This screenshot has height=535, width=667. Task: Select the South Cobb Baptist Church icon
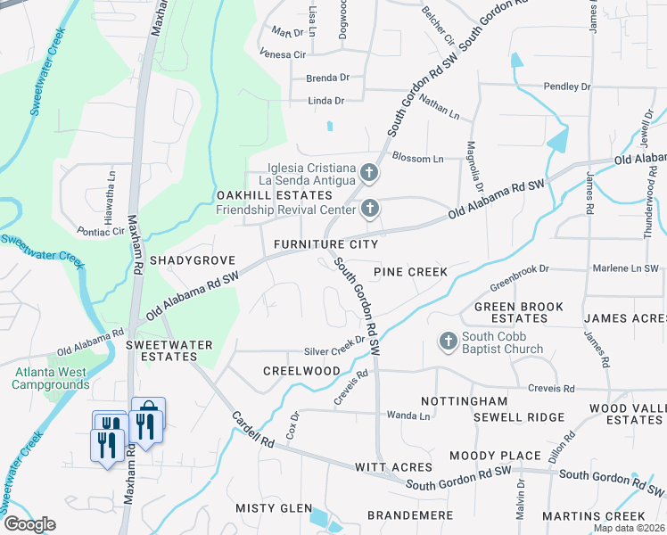[448, 341]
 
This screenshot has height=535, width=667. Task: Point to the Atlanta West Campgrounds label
[51, 378]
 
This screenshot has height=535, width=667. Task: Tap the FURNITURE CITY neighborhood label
[325, 244]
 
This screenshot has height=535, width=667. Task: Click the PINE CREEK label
[409, 271]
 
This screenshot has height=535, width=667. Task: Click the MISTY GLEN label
[273, 507]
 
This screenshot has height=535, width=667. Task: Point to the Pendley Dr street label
[567, 87]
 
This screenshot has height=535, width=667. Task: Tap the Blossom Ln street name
[417, 158]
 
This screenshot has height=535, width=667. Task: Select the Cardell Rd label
[251, 430]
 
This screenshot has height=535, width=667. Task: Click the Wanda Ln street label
[409, 416]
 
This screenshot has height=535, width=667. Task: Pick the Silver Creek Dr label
[334, 352]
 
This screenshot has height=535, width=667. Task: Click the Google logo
[29, 524]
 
